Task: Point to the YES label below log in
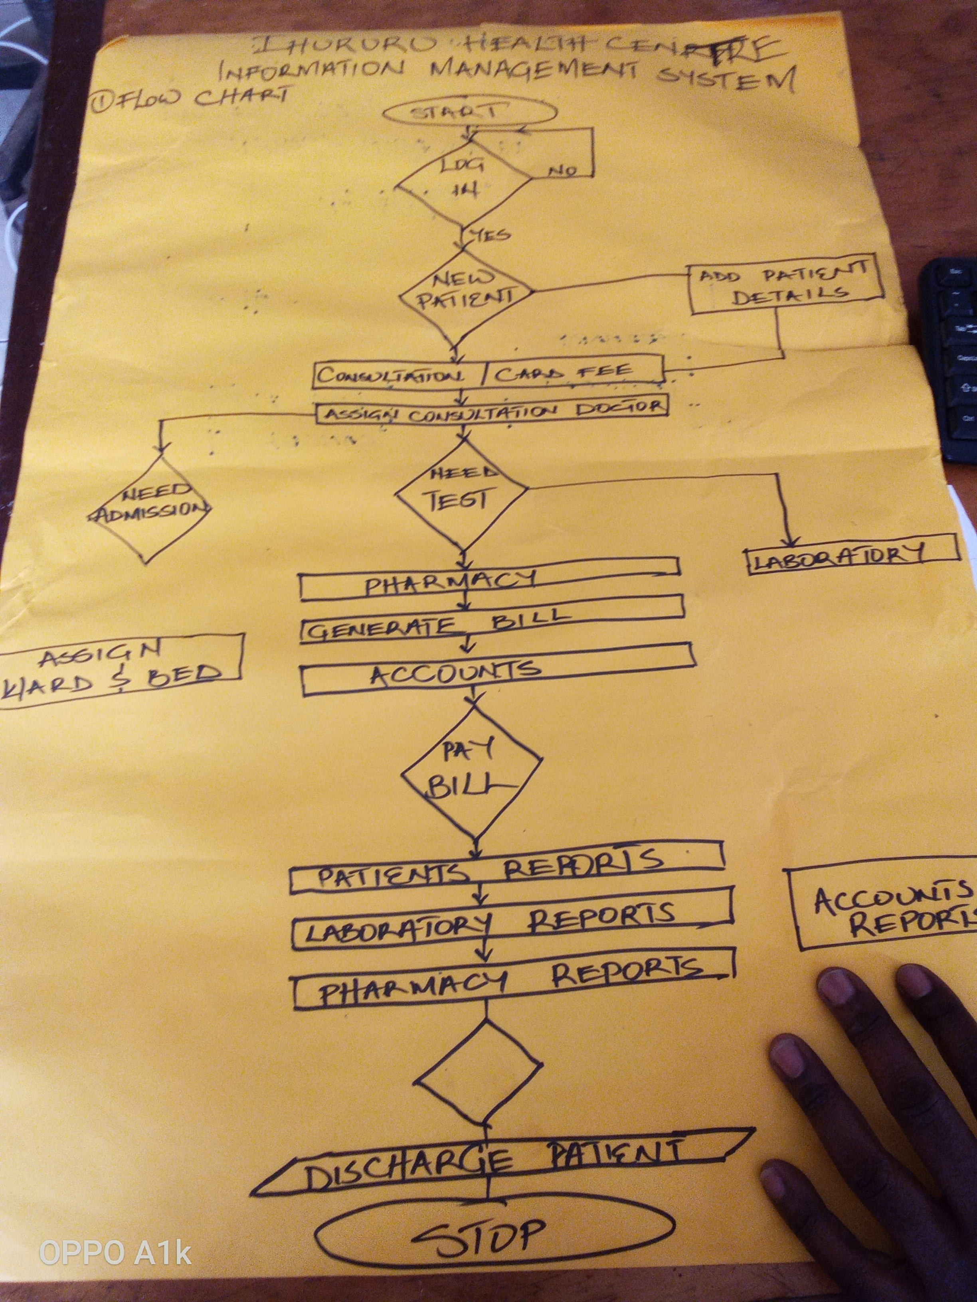click(x=489, y=235)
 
